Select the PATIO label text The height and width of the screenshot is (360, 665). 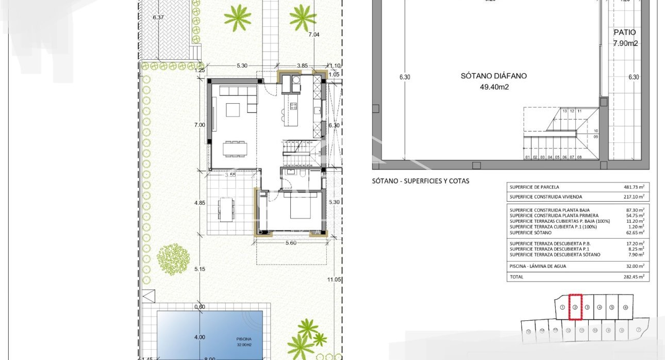[x=625, y=32]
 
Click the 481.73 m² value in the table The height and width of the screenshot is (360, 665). [x=635, y=187]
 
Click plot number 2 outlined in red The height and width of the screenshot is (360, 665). [x=575, y=307]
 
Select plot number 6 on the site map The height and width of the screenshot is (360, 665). [x=625, y=307]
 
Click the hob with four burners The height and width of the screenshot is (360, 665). [x=293, y=107]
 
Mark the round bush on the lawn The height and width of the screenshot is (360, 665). [x=173, y=259]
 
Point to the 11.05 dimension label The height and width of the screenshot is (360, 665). [x=335, y=280]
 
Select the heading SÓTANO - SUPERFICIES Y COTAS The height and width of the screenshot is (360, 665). [x=421, y=182]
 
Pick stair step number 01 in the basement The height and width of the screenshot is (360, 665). [x=527, y=157]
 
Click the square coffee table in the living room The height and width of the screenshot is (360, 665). [x=233, y=109]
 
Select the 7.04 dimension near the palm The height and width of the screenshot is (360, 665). [x=313, y=35]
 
